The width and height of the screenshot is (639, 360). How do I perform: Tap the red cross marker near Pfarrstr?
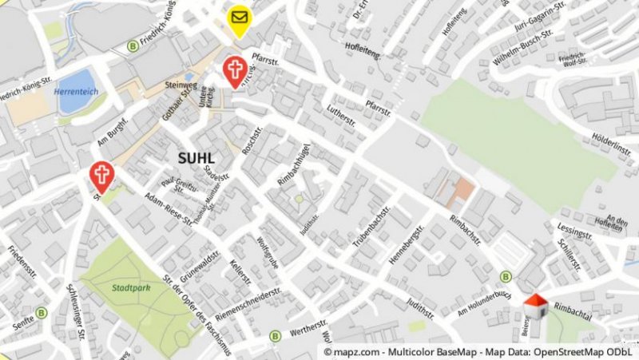235,69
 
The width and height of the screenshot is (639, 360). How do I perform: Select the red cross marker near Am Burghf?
101,175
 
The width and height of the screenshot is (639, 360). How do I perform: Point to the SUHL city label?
196,158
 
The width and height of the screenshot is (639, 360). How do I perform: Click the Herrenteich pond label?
75,92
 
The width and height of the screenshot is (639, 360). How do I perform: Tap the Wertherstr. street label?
309,328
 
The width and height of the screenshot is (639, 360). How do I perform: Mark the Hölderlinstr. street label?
613,141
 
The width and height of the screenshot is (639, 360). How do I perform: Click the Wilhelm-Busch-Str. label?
523,48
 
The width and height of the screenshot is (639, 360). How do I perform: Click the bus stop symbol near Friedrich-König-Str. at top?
132,46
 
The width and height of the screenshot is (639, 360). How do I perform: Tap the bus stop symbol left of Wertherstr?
275,335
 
